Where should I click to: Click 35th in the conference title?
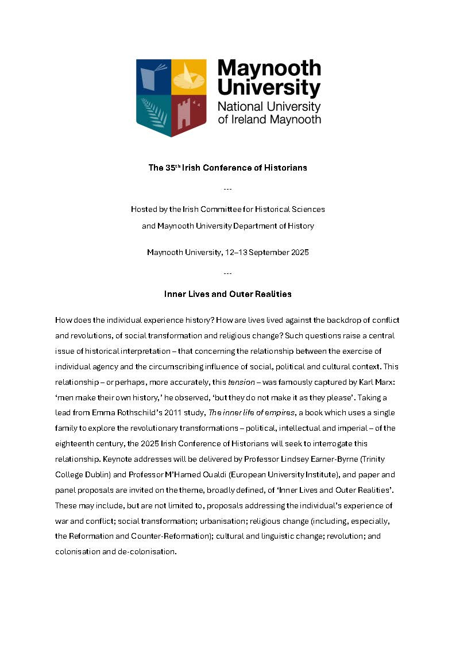173,168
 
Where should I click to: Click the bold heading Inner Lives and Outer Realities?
227,294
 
